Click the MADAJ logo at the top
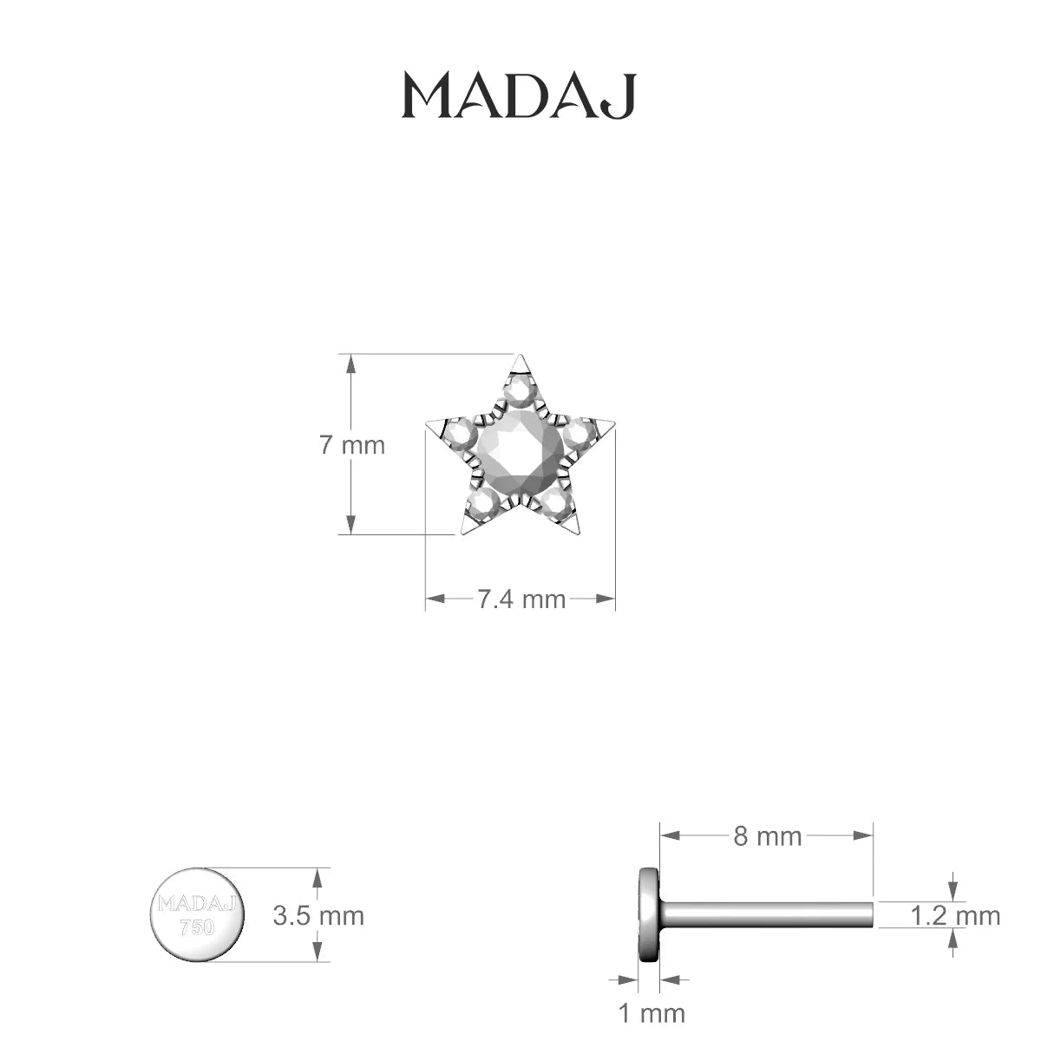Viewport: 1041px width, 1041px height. coord(519,96)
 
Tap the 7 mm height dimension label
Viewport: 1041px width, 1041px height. coord(352,445)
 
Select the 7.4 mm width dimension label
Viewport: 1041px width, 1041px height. coord(521,599)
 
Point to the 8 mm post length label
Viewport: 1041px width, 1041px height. coord(767,837)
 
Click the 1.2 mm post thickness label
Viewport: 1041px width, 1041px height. coord(955,916)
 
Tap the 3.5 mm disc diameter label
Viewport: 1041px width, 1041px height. coord(318,916)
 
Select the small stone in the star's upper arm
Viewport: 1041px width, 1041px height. coord(520,393)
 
